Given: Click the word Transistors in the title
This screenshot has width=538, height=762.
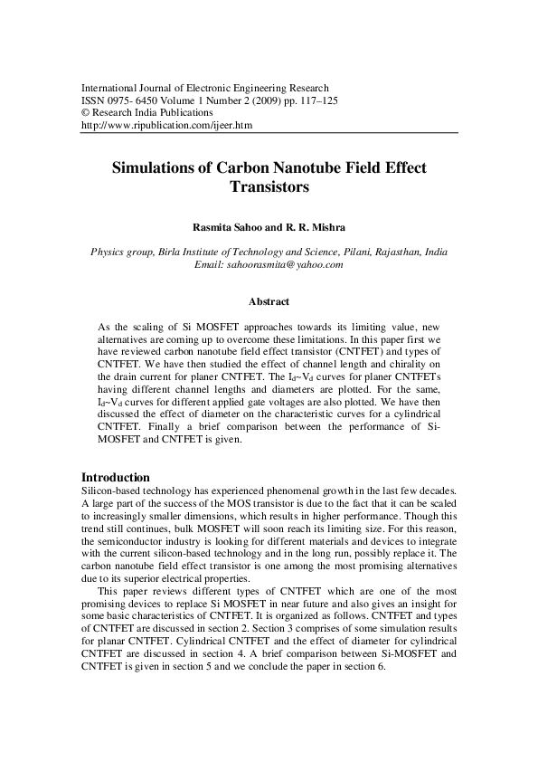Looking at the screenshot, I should (x=269, y=188).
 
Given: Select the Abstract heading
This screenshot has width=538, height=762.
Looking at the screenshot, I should (x=269, y=301).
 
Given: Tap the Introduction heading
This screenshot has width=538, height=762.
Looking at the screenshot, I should (x=115, y=477).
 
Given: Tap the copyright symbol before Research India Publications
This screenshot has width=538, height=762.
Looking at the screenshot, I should (x=86, y=113).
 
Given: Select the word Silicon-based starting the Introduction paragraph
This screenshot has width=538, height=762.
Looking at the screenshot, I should (x=112, y=490).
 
